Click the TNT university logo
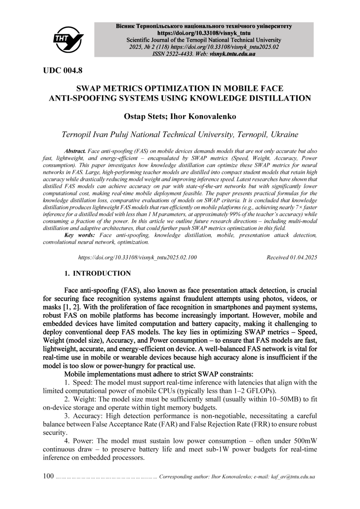pyautogui.click(x=68, y=39)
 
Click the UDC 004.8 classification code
pyautogui.click(x=63, y=71)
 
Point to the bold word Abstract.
pyautogui.click(x=75, y=151)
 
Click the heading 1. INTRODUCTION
pyautogui.click(x=98, y=273)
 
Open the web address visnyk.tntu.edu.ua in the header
pyautogui.click(x=232, y=54)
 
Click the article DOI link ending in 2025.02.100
pyautogui.click(x=138, y=257)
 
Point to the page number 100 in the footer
pyautogui.click(x=48, y=476)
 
